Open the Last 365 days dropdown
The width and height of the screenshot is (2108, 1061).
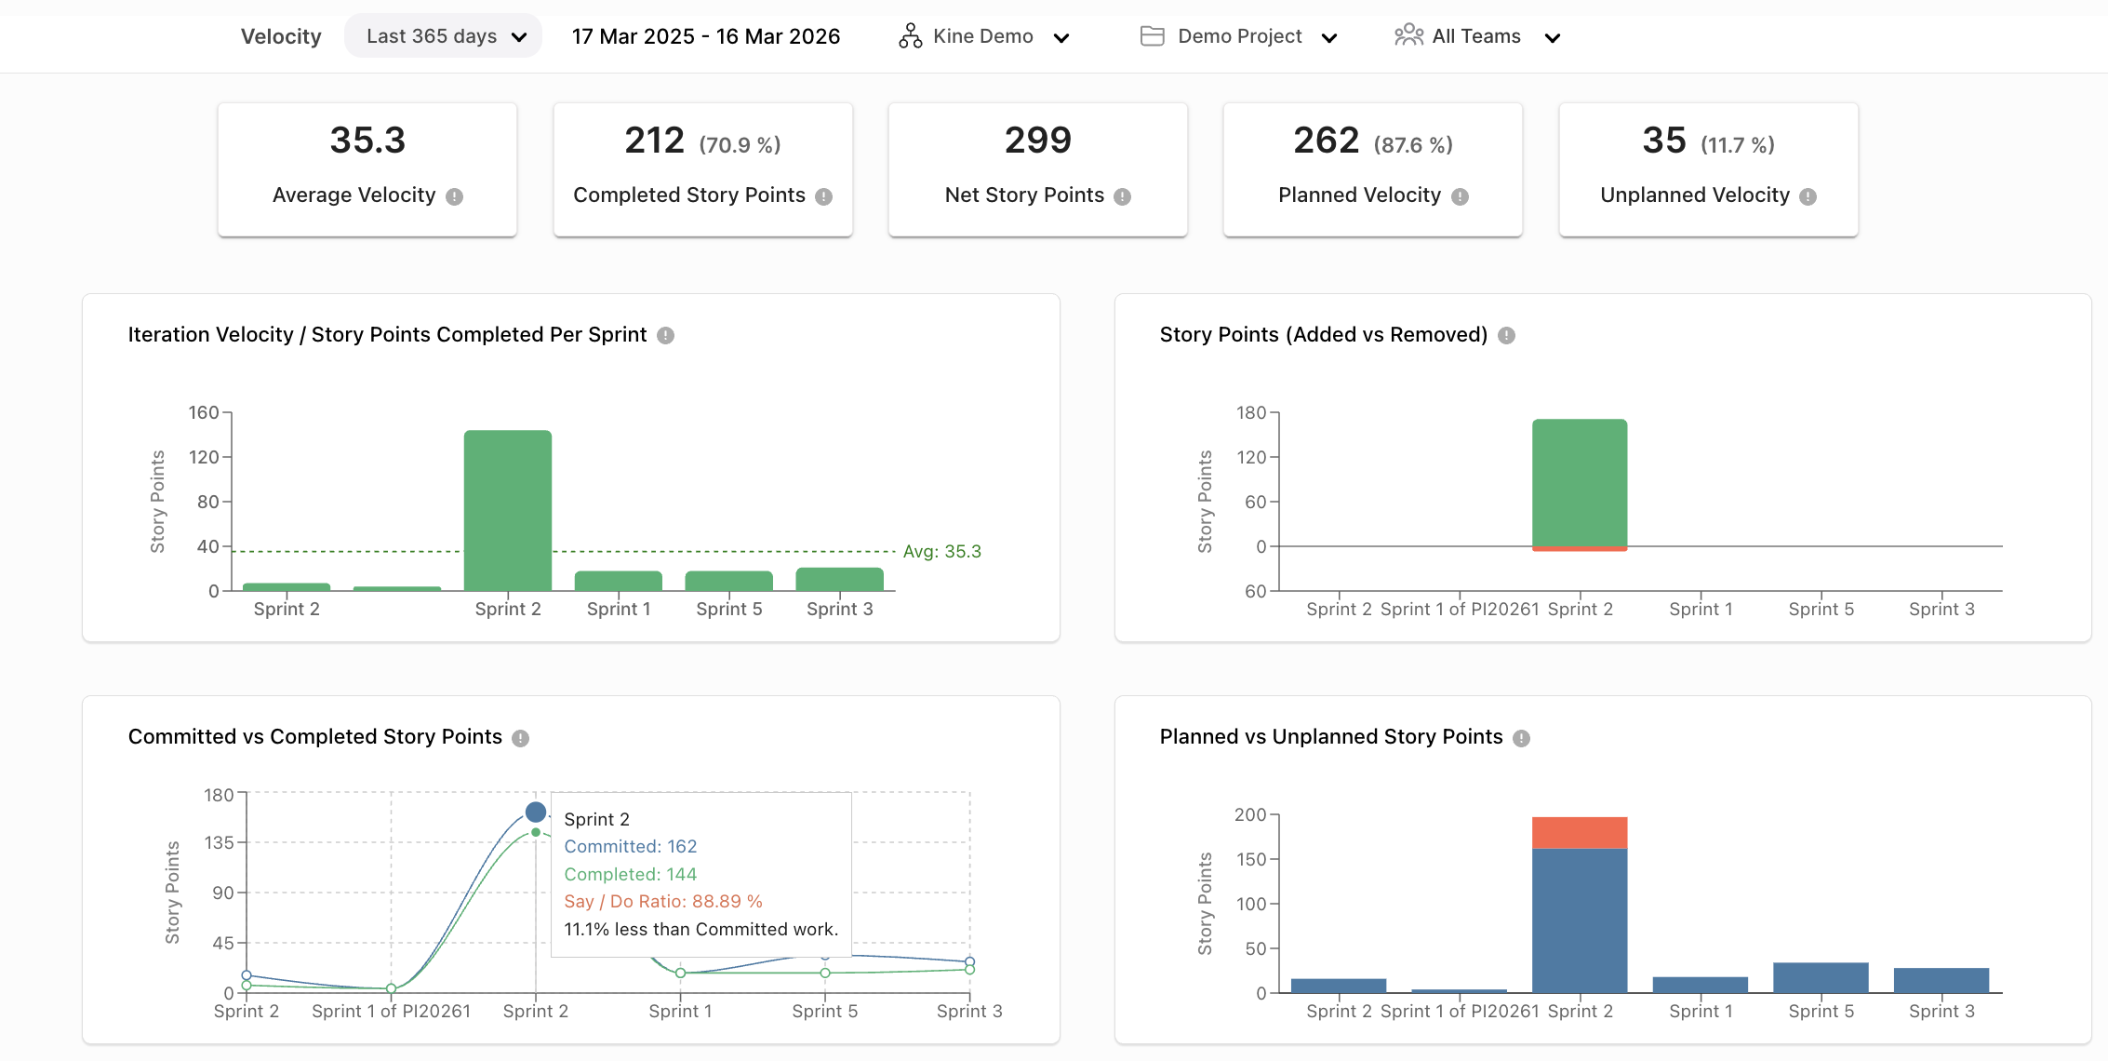pyautogui.click(x=444, y=36)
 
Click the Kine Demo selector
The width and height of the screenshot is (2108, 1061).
pyautogui.click(x=983, y=36)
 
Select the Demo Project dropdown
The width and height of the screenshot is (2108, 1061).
pyautogui.click(x=1238, y=36)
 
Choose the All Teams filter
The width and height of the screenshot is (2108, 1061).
pyautogui.click(x=1476, y=36)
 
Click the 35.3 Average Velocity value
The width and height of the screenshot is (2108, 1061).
pyautogui.click(x=367, y=141)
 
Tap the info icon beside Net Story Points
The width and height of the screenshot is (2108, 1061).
pyautogui.click(x=1123, y=196)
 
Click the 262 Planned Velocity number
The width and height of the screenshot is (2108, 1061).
pyautogui.click(x=1326, y=141)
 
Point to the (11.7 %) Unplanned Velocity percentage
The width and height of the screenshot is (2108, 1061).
pyautogui.click(x=1737, y=145)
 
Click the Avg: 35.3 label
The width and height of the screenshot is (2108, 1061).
pyautogui.click(x=941, y=551)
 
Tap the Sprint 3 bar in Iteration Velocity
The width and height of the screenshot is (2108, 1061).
pyautogui.click(x=839, y=579)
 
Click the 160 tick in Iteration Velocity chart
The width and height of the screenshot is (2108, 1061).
pyautogui.click(x=204, y=412)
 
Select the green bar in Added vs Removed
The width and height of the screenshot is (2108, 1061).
pyautogui.click(x=1579, y=482)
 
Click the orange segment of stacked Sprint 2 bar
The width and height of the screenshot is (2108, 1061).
pyautogui.click(x=1579, y=832)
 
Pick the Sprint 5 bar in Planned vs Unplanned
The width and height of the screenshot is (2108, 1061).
pyautogui.click(x=1820, y=977)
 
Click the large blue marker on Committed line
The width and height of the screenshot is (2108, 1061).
pyautogui.click(x=536, y=812)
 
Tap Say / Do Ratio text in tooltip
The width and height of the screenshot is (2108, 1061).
pyautogui.click(x=662, y=901)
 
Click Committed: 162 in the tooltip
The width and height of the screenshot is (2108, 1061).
pyautogui.click(x=630, y=846)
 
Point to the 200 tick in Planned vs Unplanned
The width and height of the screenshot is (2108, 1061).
pyautogui.click(x=1249, y=814)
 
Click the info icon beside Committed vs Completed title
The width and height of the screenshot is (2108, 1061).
pyautogui.click(x=521, y=738)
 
